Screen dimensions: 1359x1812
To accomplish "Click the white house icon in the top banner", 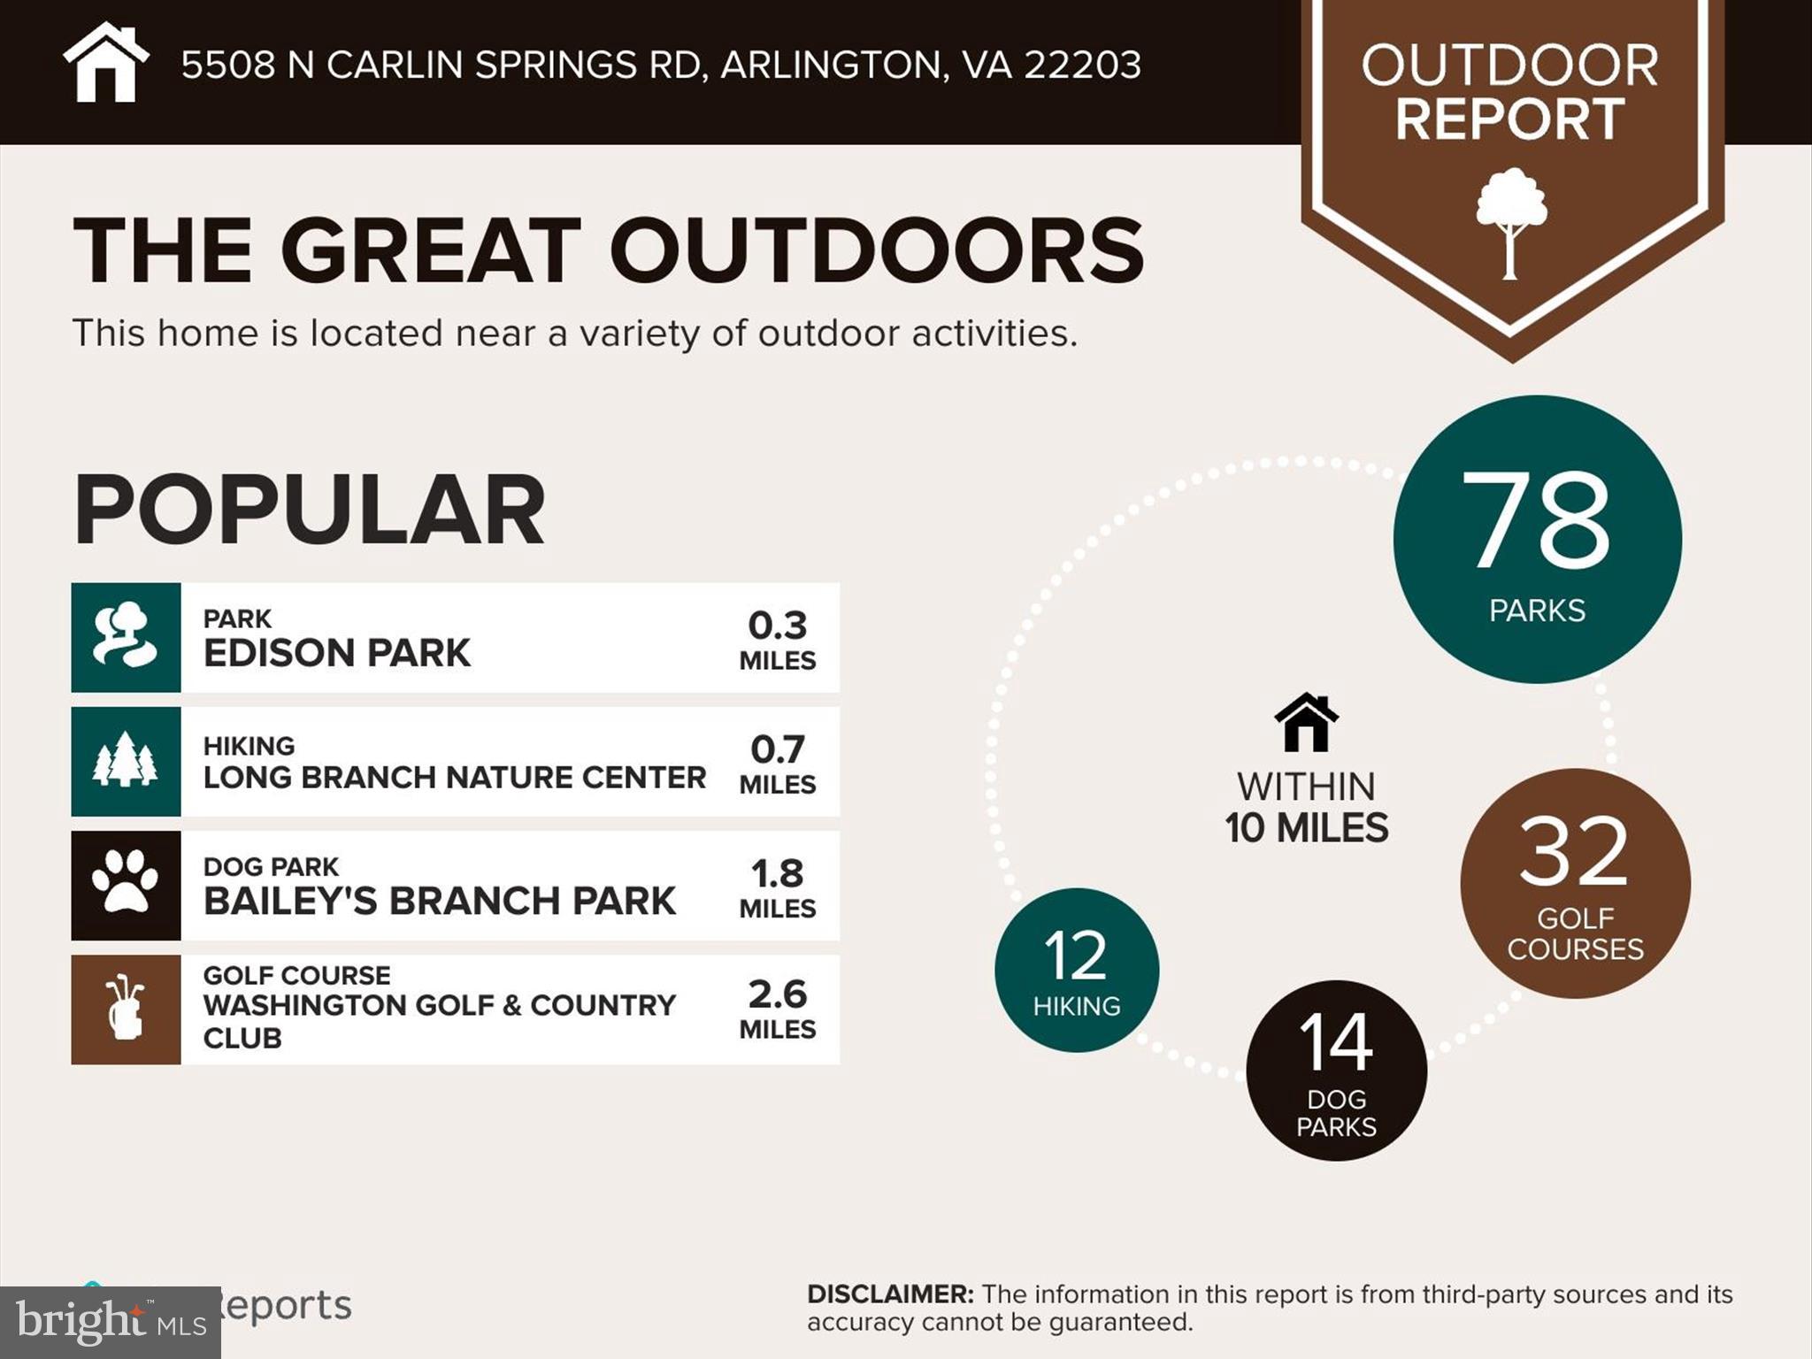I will tap(105, 64).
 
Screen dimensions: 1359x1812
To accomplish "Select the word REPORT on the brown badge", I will tap(1509, 119).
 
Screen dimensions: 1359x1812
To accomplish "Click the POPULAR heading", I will tap(309, 510).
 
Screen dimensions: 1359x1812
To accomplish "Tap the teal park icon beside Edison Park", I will tap(126, 637).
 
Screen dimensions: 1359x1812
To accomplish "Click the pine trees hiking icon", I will tap(126, 761).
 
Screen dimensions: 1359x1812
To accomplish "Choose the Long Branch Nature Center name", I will tap(454, 777).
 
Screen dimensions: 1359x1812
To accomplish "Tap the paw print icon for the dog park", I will tap(126, 885).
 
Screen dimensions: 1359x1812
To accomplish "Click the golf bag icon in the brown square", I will tap(126, 1009).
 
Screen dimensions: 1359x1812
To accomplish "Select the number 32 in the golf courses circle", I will tap(1574, 852).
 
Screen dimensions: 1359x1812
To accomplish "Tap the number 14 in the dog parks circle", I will tap(1336, 1042).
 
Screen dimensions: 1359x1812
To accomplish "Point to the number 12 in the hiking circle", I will tap(1076, 956).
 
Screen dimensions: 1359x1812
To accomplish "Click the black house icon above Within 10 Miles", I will tap(1306, 723).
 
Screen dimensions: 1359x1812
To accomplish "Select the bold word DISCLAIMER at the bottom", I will tap(890, 1294).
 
